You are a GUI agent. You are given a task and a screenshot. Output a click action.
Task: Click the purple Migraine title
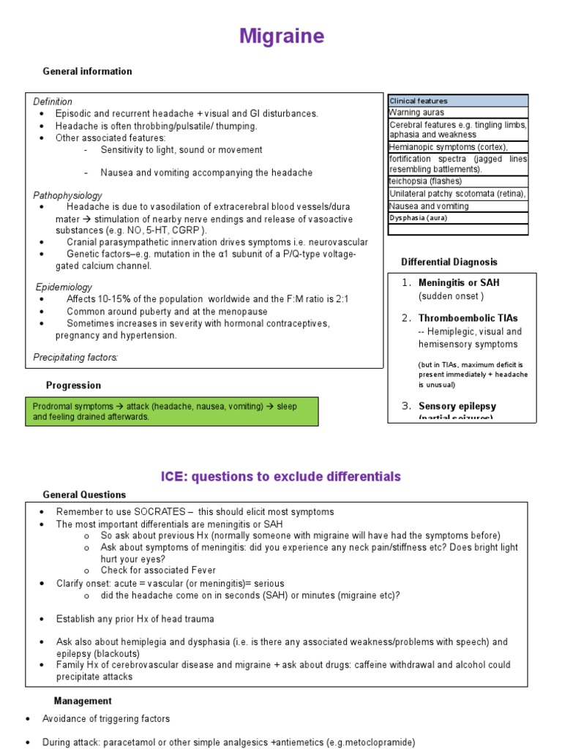pos(281,37)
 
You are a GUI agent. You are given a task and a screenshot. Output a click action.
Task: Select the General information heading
pos(87,72)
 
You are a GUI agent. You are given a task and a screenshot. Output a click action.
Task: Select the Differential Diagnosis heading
pos(449,262)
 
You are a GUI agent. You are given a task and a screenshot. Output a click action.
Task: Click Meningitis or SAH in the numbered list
pos(459,283)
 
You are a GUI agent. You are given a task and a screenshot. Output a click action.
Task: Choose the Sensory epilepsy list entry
pos(457,406)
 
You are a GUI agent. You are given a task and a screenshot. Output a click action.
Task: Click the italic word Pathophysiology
pos(67,196)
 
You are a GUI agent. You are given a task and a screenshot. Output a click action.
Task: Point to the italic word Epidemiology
pos(64,287)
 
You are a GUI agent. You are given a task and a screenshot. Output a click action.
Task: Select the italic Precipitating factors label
pos(75,357)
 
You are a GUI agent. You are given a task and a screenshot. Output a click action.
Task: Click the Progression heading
pos(73,385)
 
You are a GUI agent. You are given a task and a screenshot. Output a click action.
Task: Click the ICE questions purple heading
pos(281,477)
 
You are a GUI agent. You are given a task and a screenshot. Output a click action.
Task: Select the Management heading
pos(83,701)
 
